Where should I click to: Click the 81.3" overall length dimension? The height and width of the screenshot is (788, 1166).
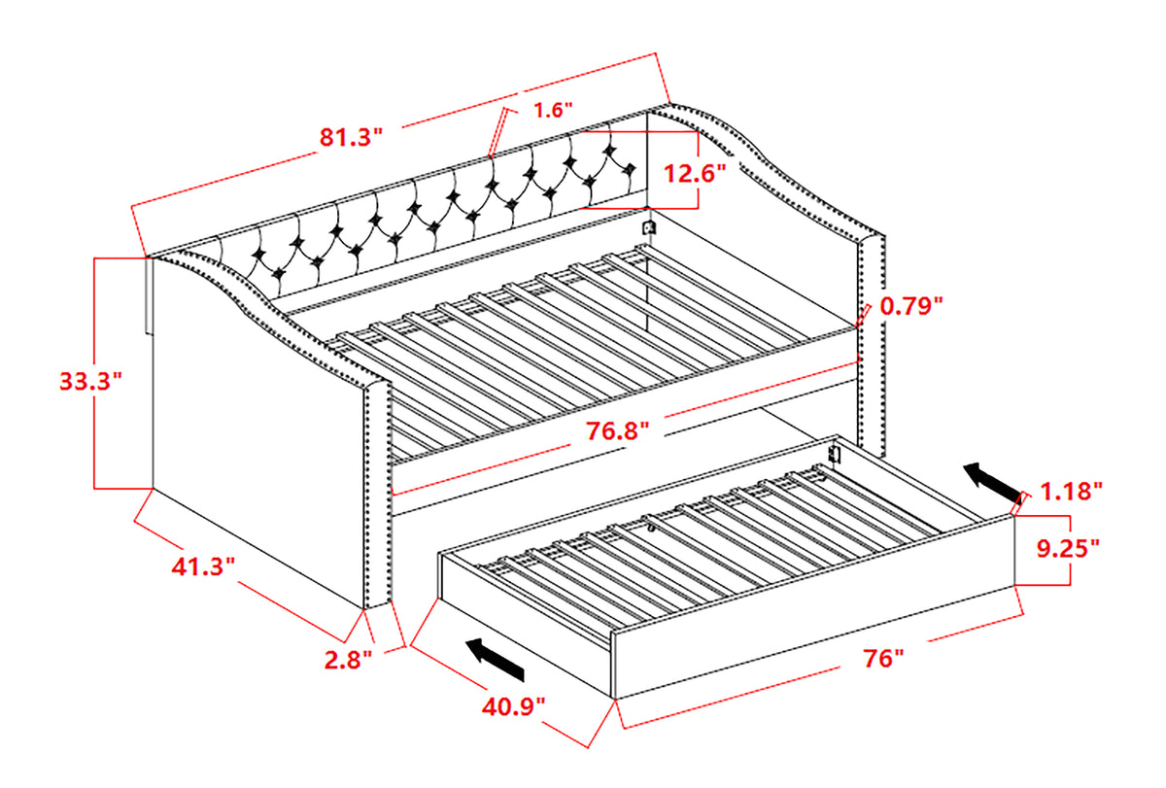tap(352, 138)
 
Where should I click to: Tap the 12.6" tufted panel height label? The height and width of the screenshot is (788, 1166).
tap(695, 174)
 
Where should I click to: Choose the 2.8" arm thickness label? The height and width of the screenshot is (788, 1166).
tap(348, 661)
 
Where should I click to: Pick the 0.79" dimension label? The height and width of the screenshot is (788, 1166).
tap(911, 307)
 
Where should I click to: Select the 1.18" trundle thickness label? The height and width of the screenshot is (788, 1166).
tap(1069, 491)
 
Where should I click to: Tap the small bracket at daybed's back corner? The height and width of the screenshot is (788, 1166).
tap(650, 229)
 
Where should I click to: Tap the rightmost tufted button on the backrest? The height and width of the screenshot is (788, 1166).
tap(630, 170)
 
